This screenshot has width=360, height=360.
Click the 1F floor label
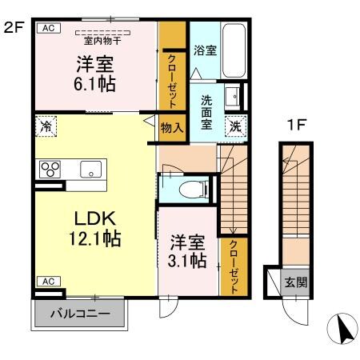click(297, 126)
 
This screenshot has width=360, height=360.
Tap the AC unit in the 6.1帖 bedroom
click(48, 28)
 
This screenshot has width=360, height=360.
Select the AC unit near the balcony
click(48, 281)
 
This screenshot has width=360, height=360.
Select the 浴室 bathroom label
click(206, 50)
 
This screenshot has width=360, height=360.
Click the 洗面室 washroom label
click(206, 113)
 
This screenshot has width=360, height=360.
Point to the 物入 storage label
click(171, 126)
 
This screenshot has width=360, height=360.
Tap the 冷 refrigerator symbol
click(46, 126)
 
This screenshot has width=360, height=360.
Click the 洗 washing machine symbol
click(235, 126)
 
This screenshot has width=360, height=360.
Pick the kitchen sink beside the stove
click(90, 169)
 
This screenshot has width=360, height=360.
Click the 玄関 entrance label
click(295, 283)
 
